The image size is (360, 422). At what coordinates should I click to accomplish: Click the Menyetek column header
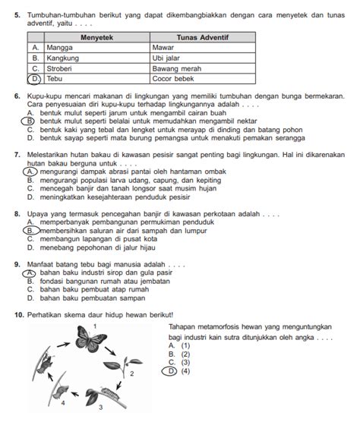coord(97,37)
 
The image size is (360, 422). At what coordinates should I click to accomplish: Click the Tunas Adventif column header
coord(203,37)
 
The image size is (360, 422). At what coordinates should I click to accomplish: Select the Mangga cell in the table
coord(97,48)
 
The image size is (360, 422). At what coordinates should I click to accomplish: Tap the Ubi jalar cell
coord(203,58)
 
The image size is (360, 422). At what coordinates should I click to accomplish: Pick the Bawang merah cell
coord(203,68)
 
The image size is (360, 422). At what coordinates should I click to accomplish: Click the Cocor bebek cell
coord(203,79)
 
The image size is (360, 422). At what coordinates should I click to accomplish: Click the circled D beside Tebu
coord(35,79)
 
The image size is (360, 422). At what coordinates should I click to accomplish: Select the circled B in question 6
coord(28,121)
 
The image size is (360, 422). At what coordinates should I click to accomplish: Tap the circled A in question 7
coord(30,172)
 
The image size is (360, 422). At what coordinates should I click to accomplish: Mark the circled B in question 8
coord(31,231)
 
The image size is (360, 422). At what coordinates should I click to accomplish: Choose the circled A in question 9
coord(29,273)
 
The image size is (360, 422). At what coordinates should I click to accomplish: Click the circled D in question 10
coord(169,371)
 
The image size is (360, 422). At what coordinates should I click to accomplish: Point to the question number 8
coord(17,214)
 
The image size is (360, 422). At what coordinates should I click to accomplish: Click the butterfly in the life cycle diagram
coord(90,338)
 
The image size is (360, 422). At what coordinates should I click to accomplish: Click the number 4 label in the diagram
coord(63,403)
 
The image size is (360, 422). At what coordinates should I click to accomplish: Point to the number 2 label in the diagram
coord(132,374)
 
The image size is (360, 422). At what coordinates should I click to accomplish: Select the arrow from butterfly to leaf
coord(110,351)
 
